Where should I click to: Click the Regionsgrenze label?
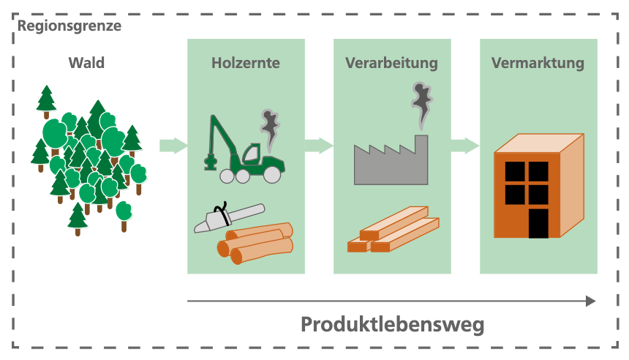69,26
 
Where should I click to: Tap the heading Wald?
86,63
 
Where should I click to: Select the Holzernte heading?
246,63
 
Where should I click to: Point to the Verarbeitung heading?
391,63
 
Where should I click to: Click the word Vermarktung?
538,63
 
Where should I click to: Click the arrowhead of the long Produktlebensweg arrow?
590,301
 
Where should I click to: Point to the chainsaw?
227,218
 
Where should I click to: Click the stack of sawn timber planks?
393,230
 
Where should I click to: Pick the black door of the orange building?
538,222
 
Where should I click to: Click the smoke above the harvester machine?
270,127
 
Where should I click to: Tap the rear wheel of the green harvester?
272,174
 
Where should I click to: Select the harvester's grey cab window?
251,154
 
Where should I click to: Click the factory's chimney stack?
421,143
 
